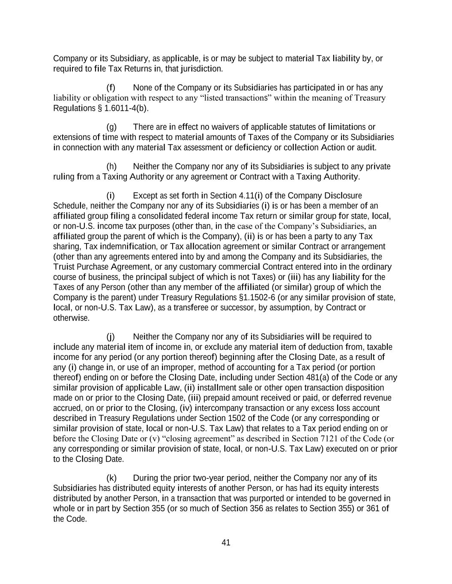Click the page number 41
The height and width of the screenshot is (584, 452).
click(x=226, y=542)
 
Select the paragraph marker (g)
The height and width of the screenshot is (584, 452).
click(x=111, y=127)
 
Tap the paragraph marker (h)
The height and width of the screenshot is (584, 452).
click(x=111, y=166)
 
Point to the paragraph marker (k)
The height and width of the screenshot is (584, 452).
click(x=111, y=478)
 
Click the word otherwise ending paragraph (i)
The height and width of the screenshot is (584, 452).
click(x=65, y=318)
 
